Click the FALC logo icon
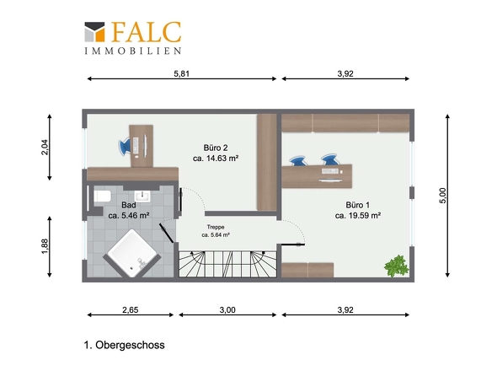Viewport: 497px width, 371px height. [94, 32]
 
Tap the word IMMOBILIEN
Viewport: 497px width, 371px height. [133, 51]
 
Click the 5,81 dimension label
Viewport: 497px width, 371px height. [182, 73]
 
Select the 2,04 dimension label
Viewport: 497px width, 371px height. [45, 147]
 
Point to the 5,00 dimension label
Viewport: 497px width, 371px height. [442, 196]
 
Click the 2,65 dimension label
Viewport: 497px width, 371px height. [131, 309]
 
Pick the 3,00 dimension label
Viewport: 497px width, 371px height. [227, 309]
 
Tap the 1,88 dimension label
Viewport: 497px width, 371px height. [45, 246]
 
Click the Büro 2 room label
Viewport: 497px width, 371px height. [216, 148]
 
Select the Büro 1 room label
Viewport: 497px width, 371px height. [357, 205]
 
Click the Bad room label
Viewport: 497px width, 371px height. [129, 205]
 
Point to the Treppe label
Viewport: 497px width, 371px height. [216, 227]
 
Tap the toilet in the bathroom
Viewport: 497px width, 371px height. [102, 196]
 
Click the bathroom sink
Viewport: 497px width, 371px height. [142, 196]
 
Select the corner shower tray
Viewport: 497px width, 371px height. [132, 253]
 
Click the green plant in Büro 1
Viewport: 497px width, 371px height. [396, 266]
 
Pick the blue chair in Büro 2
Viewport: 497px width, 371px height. [125, 146]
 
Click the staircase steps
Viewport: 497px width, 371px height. [228, 264]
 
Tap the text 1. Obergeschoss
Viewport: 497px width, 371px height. [125, 345]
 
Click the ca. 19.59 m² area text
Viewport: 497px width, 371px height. [357, 216]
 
